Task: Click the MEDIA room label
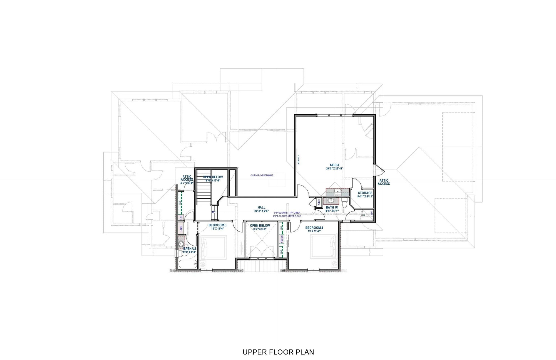click(334, 165)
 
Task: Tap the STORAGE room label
click(365, 193)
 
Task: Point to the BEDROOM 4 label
click(314, 228)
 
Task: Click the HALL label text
click(261, 207)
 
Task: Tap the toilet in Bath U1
click(345, 204)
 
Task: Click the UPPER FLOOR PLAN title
click(278, 352)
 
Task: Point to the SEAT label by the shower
click(372, 213)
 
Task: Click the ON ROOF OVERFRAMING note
click(262, 175)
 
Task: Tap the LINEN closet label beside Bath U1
click(319, 202)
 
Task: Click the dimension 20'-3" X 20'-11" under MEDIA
click(334, 169)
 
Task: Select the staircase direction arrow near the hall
click(213, 212)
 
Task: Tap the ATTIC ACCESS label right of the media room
click(384, 182)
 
